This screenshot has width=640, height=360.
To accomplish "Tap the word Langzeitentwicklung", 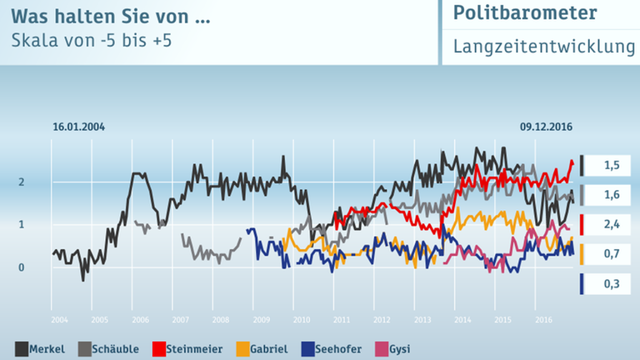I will [544, 47].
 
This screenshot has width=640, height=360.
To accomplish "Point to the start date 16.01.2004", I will [78, 127].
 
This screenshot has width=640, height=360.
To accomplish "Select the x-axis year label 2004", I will [59, 319].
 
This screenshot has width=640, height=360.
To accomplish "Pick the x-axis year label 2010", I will [301, 319].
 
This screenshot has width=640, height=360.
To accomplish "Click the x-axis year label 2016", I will [542, 319].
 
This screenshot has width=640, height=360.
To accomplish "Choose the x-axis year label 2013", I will [422, 319].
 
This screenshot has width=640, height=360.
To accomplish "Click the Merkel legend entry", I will [41, 349].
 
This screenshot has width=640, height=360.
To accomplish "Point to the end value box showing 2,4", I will [612, 224].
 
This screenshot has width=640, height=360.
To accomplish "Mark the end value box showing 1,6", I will [612, 195].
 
